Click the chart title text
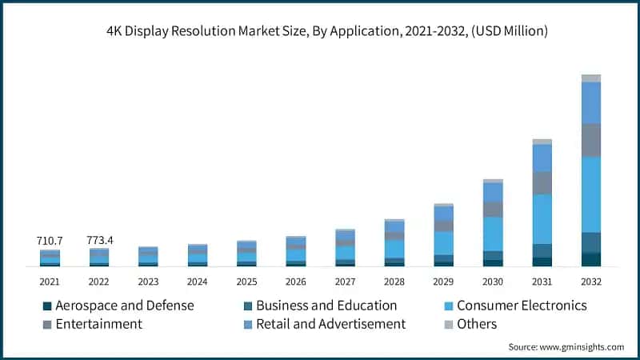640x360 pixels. click(x=320, y=32)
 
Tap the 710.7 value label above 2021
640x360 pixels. click(x=50, y=240)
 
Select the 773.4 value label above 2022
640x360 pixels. click(x=99, y=240)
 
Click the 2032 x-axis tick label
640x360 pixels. click(x=591, y=282)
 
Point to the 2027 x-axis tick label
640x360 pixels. click(x=345, y=282)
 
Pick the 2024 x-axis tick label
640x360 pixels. click(x=197, y=282)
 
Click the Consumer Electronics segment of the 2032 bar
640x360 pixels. click(x=591, y=194)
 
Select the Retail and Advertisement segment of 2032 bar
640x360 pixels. click(x=591, y=102)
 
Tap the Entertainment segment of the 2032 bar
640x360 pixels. click(x=591, y=140)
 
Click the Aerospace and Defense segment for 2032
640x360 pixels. click(x=591, y=259)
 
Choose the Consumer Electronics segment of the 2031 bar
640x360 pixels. click(x=542, y=219)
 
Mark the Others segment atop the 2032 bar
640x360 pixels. click(x=591, y=78)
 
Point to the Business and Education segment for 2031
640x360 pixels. click(x=542, y=250)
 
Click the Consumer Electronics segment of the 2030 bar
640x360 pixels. click(x=493, y=234)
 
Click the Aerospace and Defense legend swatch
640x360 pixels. click(x=47, y=306)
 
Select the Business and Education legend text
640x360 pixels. click(x=326, y=306)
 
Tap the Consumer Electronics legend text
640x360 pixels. click(x=522, y=306)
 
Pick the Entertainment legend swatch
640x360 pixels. click(x=47, y=324)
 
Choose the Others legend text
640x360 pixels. click(x=477, y=324)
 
